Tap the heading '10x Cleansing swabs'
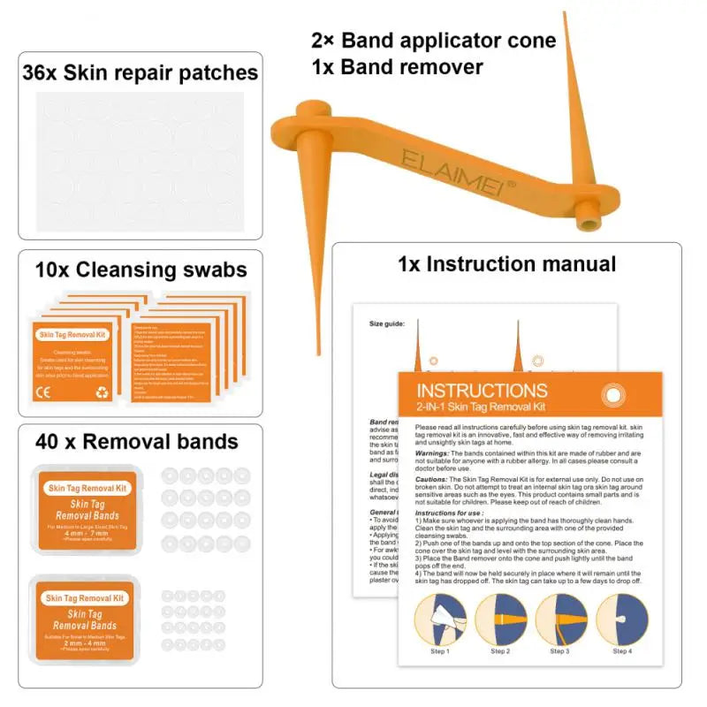click(141, 269)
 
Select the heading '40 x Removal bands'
click(136, 440)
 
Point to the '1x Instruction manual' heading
click(506, 263)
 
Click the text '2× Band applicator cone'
click(433, 40)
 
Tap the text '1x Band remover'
click(397, 66)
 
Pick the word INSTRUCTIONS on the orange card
click(482, 390)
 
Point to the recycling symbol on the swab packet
click(102, 392)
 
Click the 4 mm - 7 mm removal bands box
click(87, 510)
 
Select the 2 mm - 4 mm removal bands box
click(87, 620)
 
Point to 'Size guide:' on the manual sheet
click(387, 323)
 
